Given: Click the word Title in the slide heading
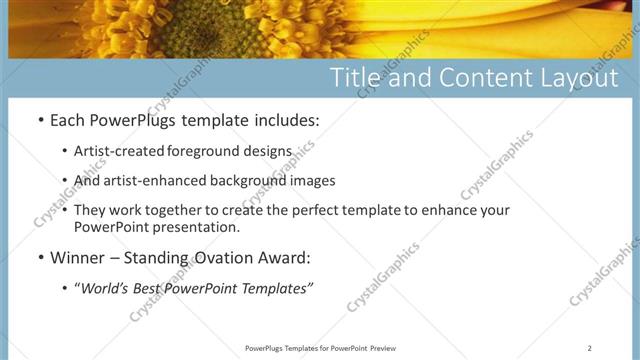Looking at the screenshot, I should coord(355,78).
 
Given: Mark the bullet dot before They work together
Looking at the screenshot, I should coord(65,211).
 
